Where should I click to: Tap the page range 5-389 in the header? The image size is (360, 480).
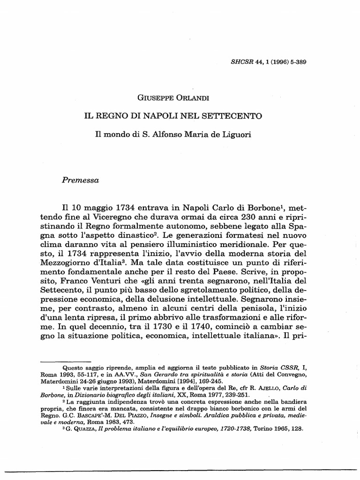[296, 62]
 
